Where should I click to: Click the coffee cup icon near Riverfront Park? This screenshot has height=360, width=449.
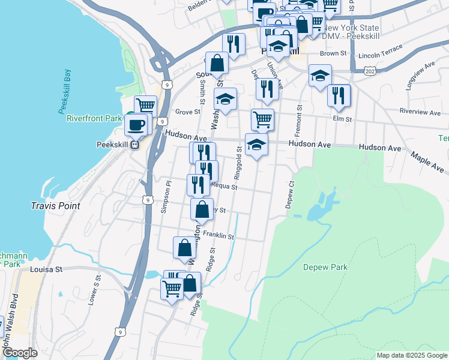136,125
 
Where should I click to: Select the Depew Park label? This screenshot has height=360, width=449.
325,267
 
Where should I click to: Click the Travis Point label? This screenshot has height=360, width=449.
55,206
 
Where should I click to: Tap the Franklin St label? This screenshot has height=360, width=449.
218,236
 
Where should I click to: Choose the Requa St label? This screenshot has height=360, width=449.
224,187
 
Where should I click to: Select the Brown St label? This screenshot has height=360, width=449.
333,53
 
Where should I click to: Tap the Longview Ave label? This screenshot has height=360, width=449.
420,75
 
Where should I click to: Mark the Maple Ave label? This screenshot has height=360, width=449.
428,158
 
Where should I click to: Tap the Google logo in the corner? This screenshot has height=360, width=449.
20,353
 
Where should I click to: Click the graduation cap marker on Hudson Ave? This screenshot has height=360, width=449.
256,145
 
